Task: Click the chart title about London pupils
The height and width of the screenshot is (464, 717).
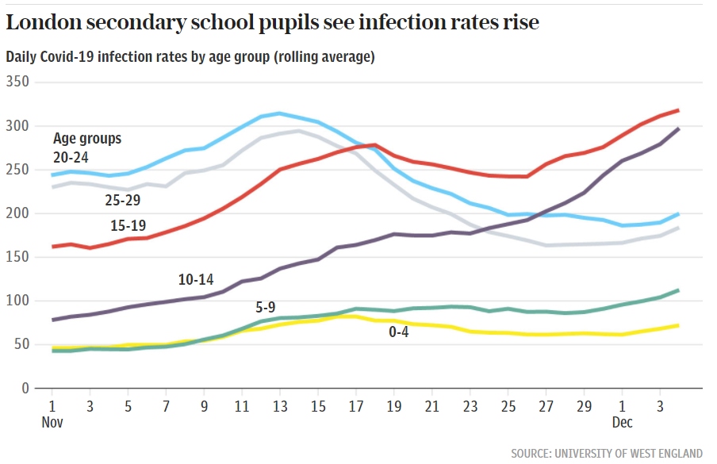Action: pyautogui.click(x=272, y=23)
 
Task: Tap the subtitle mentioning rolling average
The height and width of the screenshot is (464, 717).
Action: pyautogui.click(x=190, y=57)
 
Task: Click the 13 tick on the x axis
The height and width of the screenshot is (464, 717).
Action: pyautogui.click(x=280, y=405)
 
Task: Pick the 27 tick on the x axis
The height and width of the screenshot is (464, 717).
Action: pyautogui.click(x=546, y=405)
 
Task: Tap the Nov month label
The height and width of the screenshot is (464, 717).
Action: pyautogui.click(x=52, y=423)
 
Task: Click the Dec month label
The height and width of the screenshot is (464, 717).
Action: pyautogui.click(x=622, y=423)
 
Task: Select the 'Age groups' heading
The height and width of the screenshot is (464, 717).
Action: pyautogui.click(x=87, y=139)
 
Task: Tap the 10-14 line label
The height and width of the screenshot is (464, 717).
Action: pyautogui.click(x=195, y=279)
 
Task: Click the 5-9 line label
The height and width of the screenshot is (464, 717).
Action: pyautogui.click(x=265, y=307)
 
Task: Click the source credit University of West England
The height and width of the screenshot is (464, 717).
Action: pyautogui.click(x=607, y=453)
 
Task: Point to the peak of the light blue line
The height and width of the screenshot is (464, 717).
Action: pyautogui.click(x=279, y=113)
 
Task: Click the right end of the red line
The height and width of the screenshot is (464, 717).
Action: pyautogui.click(x=678, y=110)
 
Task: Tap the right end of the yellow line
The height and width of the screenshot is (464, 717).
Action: pyautogui.click(x=678, y=325)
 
